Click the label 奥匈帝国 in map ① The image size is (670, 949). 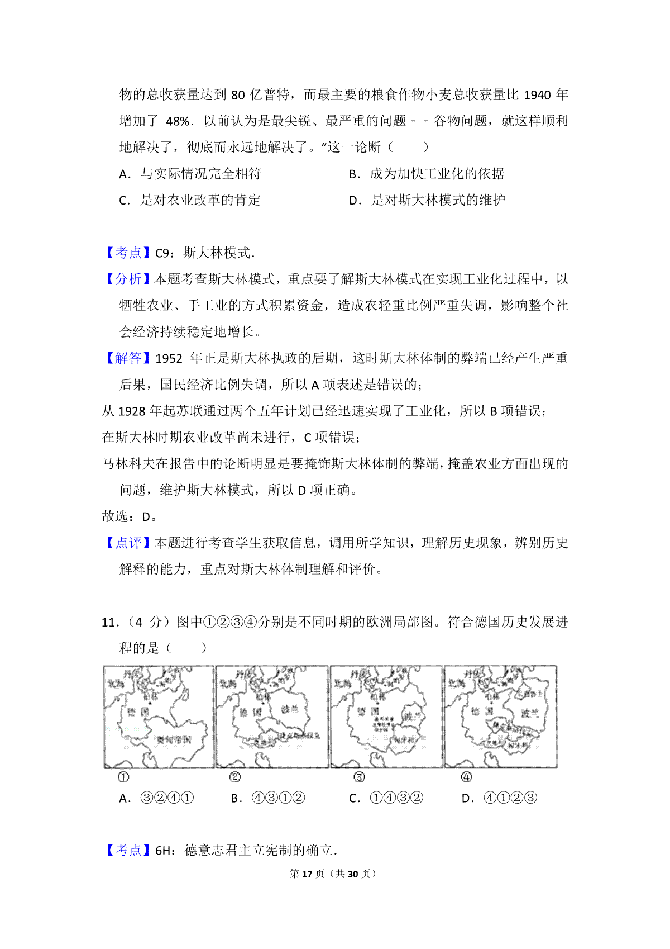(x=174, y=739)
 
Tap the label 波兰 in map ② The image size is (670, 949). (x=289, y=709)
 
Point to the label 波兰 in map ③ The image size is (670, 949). (x=413, y=717)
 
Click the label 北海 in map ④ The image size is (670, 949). (x=456, y=683)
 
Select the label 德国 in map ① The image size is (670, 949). (x=138, y=712)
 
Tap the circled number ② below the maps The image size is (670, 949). (x=234, y=777)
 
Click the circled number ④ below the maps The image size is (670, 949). (x=466, y=777)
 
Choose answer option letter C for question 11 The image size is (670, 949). (x=354, y=799)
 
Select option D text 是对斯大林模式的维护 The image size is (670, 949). (x=438, y=200)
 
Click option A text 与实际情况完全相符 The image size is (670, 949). (x=200, y=174)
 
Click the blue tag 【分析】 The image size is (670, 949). (x=128, y=279)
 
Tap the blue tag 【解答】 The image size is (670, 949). (x=128, y=358)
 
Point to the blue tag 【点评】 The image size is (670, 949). (x=128, y=543)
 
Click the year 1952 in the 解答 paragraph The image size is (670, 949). (x=169, y=359)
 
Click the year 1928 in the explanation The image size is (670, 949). (x=132, y=411)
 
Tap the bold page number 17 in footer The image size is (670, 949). (x=307, y=874)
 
